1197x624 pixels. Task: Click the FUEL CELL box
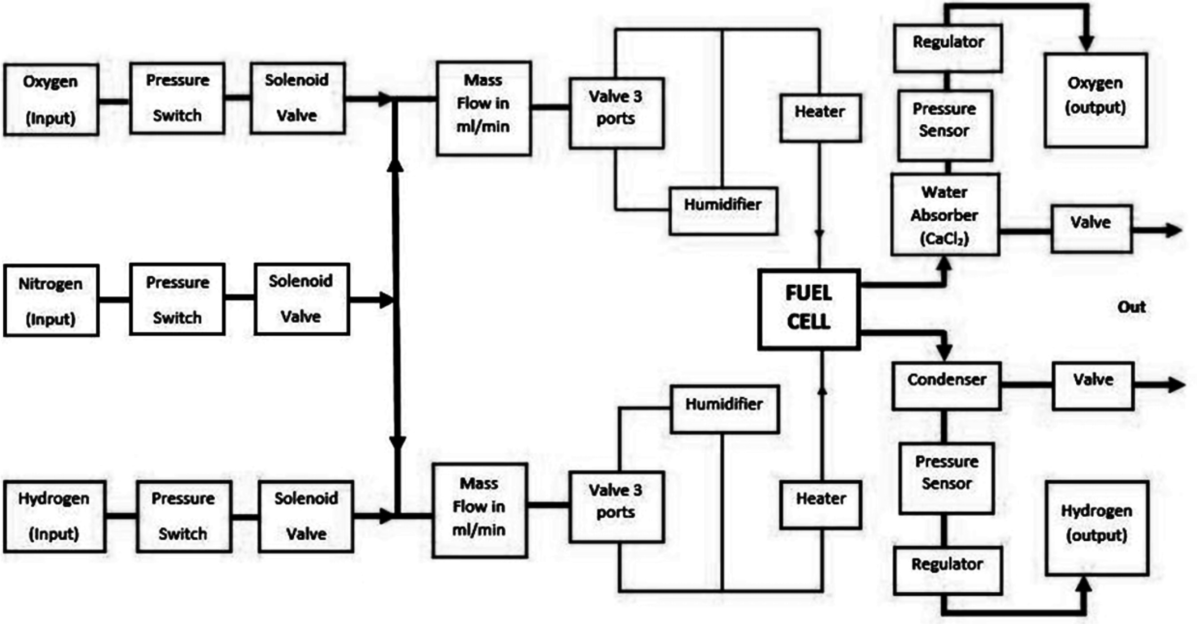tap(808, 309)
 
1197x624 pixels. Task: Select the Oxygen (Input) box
tap(51, 99)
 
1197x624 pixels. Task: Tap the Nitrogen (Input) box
tap(51, 300)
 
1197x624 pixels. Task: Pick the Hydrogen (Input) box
tap(54, 516)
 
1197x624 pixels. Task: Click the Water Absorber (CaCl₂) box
tap(945, 215)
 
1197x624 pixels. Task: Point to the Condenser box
tap(946, 386)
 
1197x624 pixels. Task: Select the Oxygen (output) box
tap(1095, 100)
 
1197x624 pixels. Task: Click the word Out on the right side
tap(1131, 307)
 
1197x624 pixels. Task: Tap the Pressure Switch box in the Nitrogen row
tap(177, 299)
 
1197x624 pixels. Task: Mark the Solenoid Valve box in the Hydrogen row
tap(306, 516)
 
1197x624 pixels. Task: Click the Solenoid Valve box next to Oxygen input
tap(297, 98)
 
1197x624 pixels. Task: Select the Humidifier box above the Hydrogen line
tap(724, 409)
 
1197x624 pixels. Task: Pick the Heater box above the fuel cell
tap(820, 118)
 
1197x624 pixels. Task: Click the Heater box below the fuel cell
tap(821, 505)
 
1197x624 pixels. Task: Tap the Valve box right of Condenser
tap(1092, 386)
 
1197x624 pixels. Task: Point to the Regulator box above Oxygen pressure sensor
tap(947, 48)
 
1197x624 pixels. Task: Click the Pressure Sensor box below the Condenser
tap(946, 478)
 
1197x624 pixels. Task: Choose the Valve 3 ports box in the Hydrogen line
tap(616, 507)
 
